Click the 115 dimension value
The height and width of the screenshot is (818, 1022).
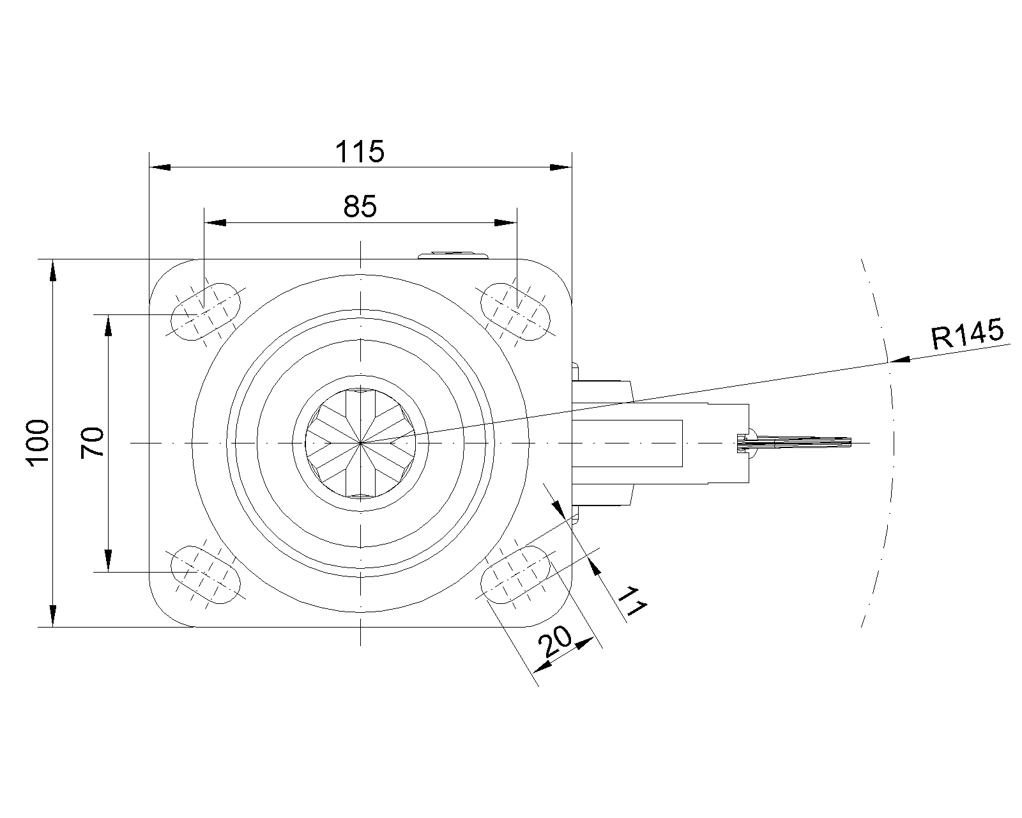[x=360, y=152]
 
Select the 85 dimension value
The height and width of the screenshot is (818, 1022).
[x=360, y=207]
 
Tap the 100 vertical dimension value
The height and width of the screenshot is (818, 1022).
[x=38, y=443]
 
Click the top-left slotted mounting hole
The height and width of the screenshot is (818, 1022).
[x=207, y=310]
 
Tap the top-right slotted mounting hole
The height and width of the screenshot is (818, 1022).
[x=515, y=310]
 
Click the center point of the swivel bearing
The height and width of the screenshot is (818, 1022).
[x=361, y=442]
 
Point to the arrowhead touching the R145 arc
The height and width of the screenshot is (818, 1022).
[x=898, y=360]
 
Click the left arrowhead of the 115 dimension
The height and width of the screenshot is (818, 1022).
[x=160, y=167]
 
